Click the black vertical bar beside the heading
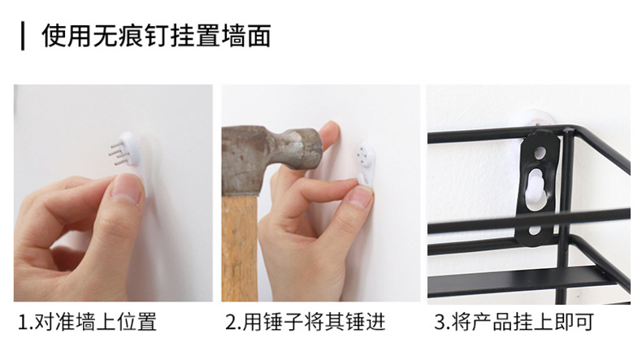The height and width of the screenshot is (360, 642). (x=23, y=37)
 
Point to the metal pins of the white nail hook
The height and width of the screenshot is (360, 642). (x=119, y=154)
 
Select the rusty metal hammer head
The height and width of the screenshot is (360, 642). (x=271, y=157)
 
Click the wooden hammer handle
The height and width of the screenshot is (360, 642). (x=240, y=248)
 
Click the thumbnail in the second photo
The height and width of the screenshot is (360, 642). (x=359, y=197)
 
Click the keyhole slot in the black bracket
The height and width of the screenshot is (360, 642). (x=536, y=189)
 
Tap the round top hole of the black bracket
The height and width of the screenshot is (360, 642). (x=540, y=153)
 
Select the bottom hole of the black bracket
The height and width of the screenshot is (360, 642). (x=535, y=230)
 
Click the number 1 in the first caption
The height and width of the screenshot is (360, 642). (x=24, y=323)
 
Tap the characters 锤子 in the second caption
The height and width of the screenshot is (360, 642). (x=284, y=322)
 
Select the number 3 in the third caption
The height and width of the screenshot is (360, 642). (x=440, y=323)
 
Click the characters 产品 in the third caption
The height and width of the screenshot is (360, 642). (x=492, y=323)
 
